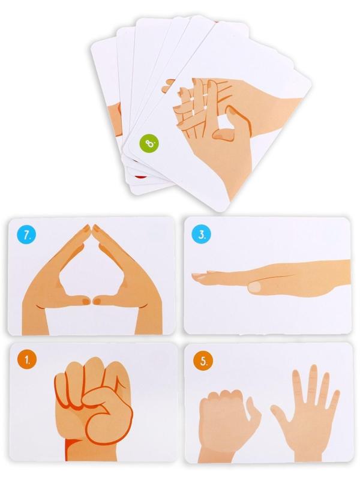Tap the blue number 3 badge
201,235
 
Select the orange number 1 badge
27,360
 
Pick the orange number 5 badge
203,361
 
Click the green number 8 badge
149,143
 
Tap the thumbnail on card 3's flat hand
254,287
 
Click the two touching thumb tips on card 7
91,301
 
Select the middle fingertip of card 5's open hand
313,370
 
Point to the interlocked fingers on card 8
196,104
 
